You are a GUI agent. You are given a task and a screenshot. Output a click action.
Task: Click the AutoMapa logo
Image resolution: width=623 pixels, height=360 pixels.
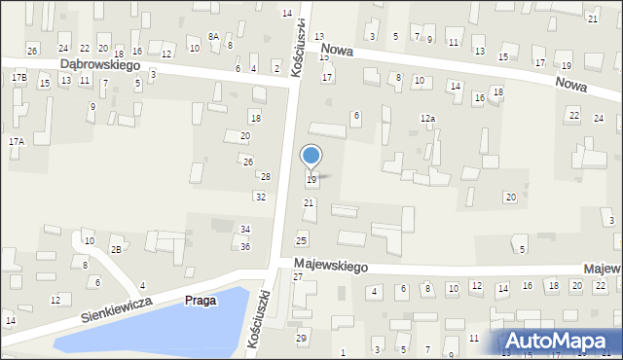(x=559, y=342)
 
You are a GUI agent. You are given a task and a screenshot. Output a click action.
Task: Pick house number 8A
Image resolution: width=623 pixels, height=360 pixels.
(x=212, y=36)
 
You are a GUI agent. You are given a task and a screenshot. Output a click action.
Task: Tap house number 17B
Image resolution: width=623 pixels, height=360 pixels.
(x=19, y=76)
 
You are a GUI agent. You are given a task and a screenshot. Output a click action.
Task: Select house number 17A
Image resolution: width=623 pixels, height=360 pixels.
(x=16, y=141)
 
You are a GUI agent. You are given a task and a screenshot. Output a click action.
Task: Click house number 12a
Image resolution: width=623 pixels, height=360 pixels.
(x=427, y=118)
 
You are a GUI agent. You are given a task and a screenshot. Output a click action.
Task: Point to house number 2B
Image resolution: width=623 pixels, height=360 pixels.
(x=116, y=250)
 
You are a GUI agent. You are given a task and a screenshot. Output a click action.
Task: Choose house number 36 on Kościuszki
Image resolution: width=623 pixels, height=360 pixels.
(x=245, y=246)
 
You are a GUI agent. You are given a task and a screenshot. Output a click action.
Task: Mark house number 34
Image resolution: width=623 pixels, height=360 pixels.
(x=245, y=230)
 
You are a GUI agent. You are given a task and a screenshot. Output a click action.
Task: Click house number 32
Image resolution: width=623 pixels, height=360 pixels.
(x=260, y=197)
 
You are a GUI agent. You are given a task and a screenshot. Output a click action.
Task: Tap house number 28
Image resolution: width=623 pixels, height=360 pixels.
(x=265, y=176)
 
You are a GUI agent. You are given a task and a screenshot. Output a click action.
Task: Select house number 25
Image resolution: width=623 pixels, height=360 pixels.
(x=302, y=240)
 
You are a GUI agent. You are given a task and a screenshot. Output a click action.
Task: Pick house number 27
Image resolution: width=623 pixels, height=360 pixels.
(x=298, y=277)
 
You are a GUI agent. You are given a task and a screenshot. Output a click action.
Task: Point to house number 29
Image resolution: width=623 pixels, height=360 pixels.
(x=301, y=338)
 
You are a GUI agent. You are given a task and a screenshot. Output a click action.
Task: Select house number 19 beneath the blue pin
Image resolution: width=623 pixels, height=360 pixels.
(x=311, y=180)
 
